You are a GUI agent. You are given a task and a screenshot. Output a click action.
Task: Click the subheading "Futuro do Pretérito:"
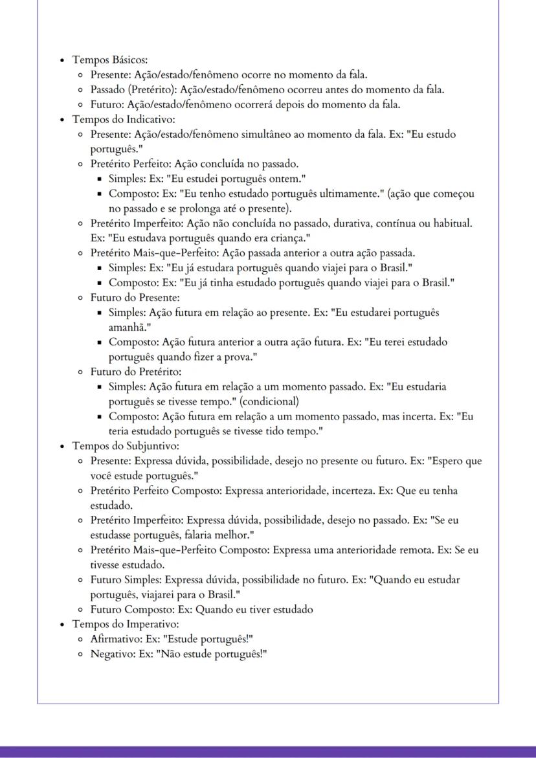135,372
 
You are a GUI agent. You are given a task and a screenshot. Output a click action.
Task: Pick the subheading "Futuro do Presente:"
135,298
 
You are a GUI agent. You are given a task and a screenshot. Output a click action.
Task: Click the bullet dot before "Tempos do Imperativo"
62,625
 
